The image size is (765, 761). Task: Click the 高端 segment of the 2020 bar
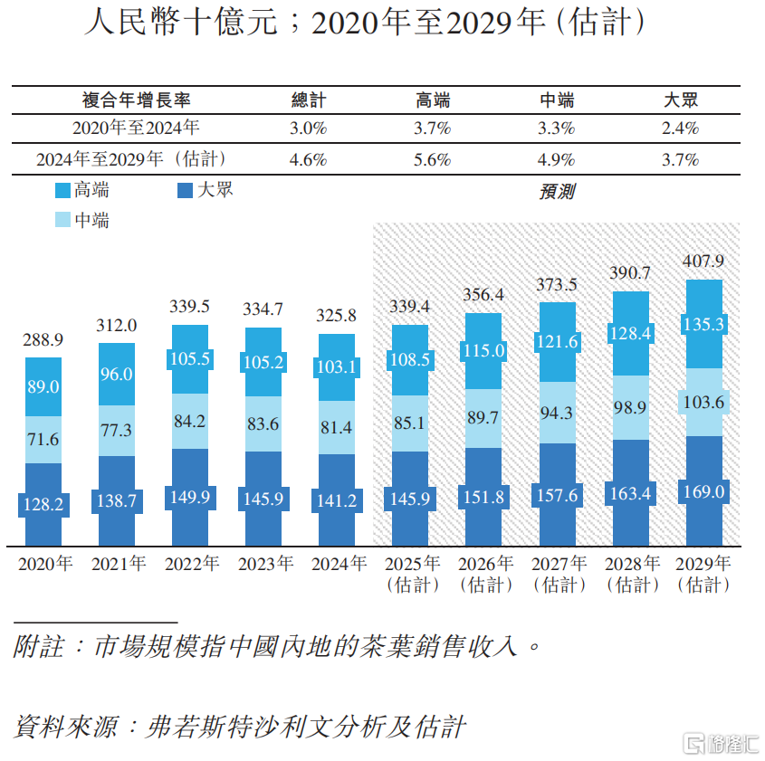(x=43, y=386)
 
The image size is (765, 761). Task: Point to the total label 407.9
(x=703, y=262)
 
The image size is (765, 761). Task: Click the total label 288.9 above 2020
(x=43, y=340)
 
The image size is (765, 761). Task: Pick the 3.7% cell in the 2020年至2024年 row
(x=432, y=128)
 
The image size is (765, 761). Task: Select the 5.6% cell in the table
(x=432, y=160)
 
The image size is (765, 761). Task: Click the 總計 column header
(x=308, y=100)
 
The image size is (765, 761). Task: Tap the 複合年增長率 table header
(x=136, y=100)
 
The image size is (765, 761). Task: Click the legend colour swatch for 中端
(x=63, y=220)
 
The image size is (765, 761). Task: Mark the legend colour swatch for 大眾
(x=186, y=191)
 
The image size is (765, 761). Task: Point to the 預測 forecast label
(x=556, y=192)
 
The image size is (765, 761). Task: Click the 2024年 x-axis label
(x=337, y=565)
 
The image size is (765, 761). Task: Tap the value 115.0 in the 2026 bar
(x=483, y=351)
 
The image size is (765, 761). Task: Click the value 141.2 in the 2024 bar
(x=337, y=501)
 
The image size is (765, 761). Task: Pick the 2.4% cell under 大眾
(x=680, y=128)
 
